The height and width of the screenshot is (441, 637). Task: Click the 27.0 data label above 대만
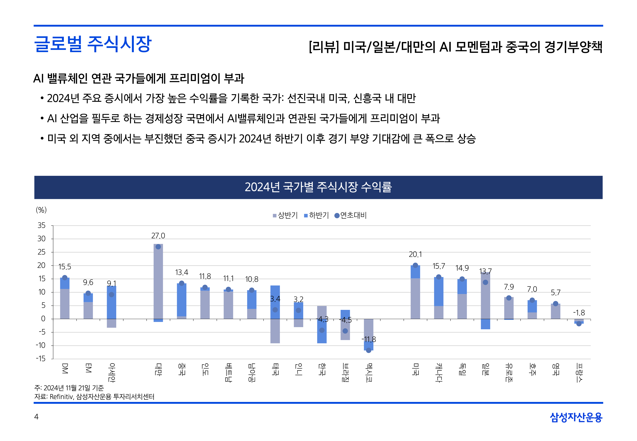(158, 236)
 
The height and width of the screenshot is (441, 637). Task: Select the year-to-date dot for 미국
(415, 265)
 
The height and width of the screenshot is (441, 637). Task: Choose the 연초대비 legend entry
(350, 215)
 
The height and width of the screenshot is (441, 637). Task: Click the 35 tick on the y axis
(41, 225)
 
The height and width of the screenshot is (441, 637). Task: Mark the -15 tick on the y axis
(41, 359)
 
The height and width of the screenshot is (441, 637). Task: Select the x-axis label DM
(65, 368)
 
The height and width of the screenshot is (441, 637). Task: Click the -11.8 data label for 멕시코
(369, 339)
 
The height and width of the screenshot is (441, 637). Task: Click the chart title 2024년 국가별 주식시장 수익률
(318, 187)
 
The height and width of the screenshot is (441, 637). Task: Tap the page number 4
(36, 417)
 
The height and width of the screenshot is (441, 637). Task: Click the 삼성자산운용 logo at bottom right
(576, 417)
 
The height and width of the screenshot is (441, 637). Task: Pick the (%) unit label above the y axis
(41, 210)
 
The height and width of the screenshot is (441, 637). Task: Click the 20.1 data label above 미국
(415, 254)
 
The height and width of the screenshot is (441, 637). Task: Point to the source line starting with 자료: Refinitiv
(94, 397)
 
